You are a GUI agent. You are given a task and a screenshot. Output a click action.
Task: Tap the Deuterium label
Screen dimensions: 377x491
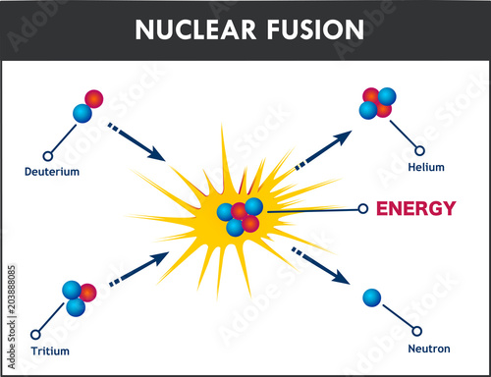pos(52,172)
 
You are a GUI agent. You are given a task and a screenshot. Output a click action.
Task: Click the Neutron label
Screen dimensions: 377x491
pos(428,348)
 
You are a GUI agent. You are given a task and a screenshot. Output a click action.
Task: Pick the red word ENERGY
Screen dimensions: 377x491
pos(416,208)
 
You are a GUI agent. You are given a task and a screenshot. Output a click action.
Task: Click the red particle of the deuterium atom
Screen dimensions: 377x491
pos(94,98)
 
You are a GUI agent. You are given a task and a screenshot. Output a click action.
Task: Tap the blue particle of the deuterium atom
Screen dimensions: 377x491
pos(82,114)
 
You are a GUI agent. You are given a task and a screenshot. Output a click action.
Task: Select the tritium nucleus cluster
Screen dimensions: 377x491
pos(78,296)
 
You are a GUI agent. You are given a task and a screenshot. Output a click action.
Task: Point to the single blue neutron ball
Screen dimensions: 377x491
pos(371,297)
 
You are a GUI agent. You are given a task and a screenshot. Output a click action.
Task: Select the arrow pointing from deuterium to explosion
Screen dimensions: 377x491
pos(136,140)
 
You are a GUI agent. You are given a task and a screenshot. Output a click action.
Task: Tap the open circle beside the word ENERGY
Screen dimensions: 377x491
pos(363,208)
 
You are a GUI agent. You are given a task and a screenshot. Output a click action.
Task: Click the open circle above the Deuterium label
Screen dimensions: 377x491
pos(47,155)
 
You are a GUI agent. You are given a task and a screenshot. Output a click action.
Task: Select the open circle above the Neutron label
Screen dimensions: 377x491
pos(418,331)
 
